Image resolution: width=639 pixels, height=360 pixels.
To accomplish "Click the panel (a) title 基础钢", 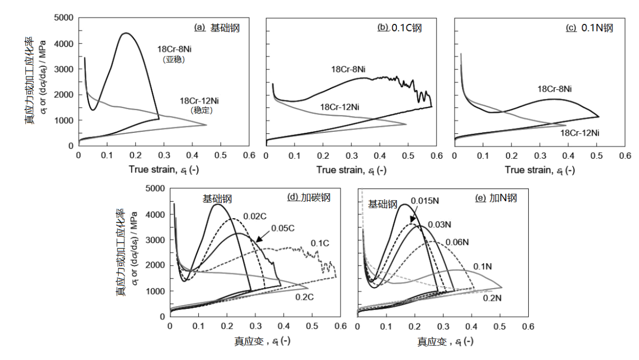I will click(x=218, y=28).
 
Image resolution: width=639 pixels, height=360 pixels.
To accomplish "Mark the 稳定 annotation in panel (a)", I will click(x=201, y=111).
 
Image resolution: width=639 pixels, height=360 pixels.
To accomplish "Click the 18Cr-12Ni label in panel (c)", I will click(x=579, y=133).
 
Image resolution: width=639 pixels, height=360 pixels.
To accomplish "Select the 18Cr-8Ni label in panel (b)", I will click(x=348, y=69).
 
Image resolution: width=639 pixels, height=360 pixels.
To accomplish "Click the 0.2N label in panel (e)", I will click(x=493, y=298).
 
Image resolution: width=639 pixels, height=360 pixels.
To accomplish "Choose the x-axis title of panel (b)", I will click(x=351, y=170).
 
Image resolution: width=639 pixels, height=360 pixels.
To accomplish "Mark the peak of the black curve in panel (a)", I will click(x=126, y=33).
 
